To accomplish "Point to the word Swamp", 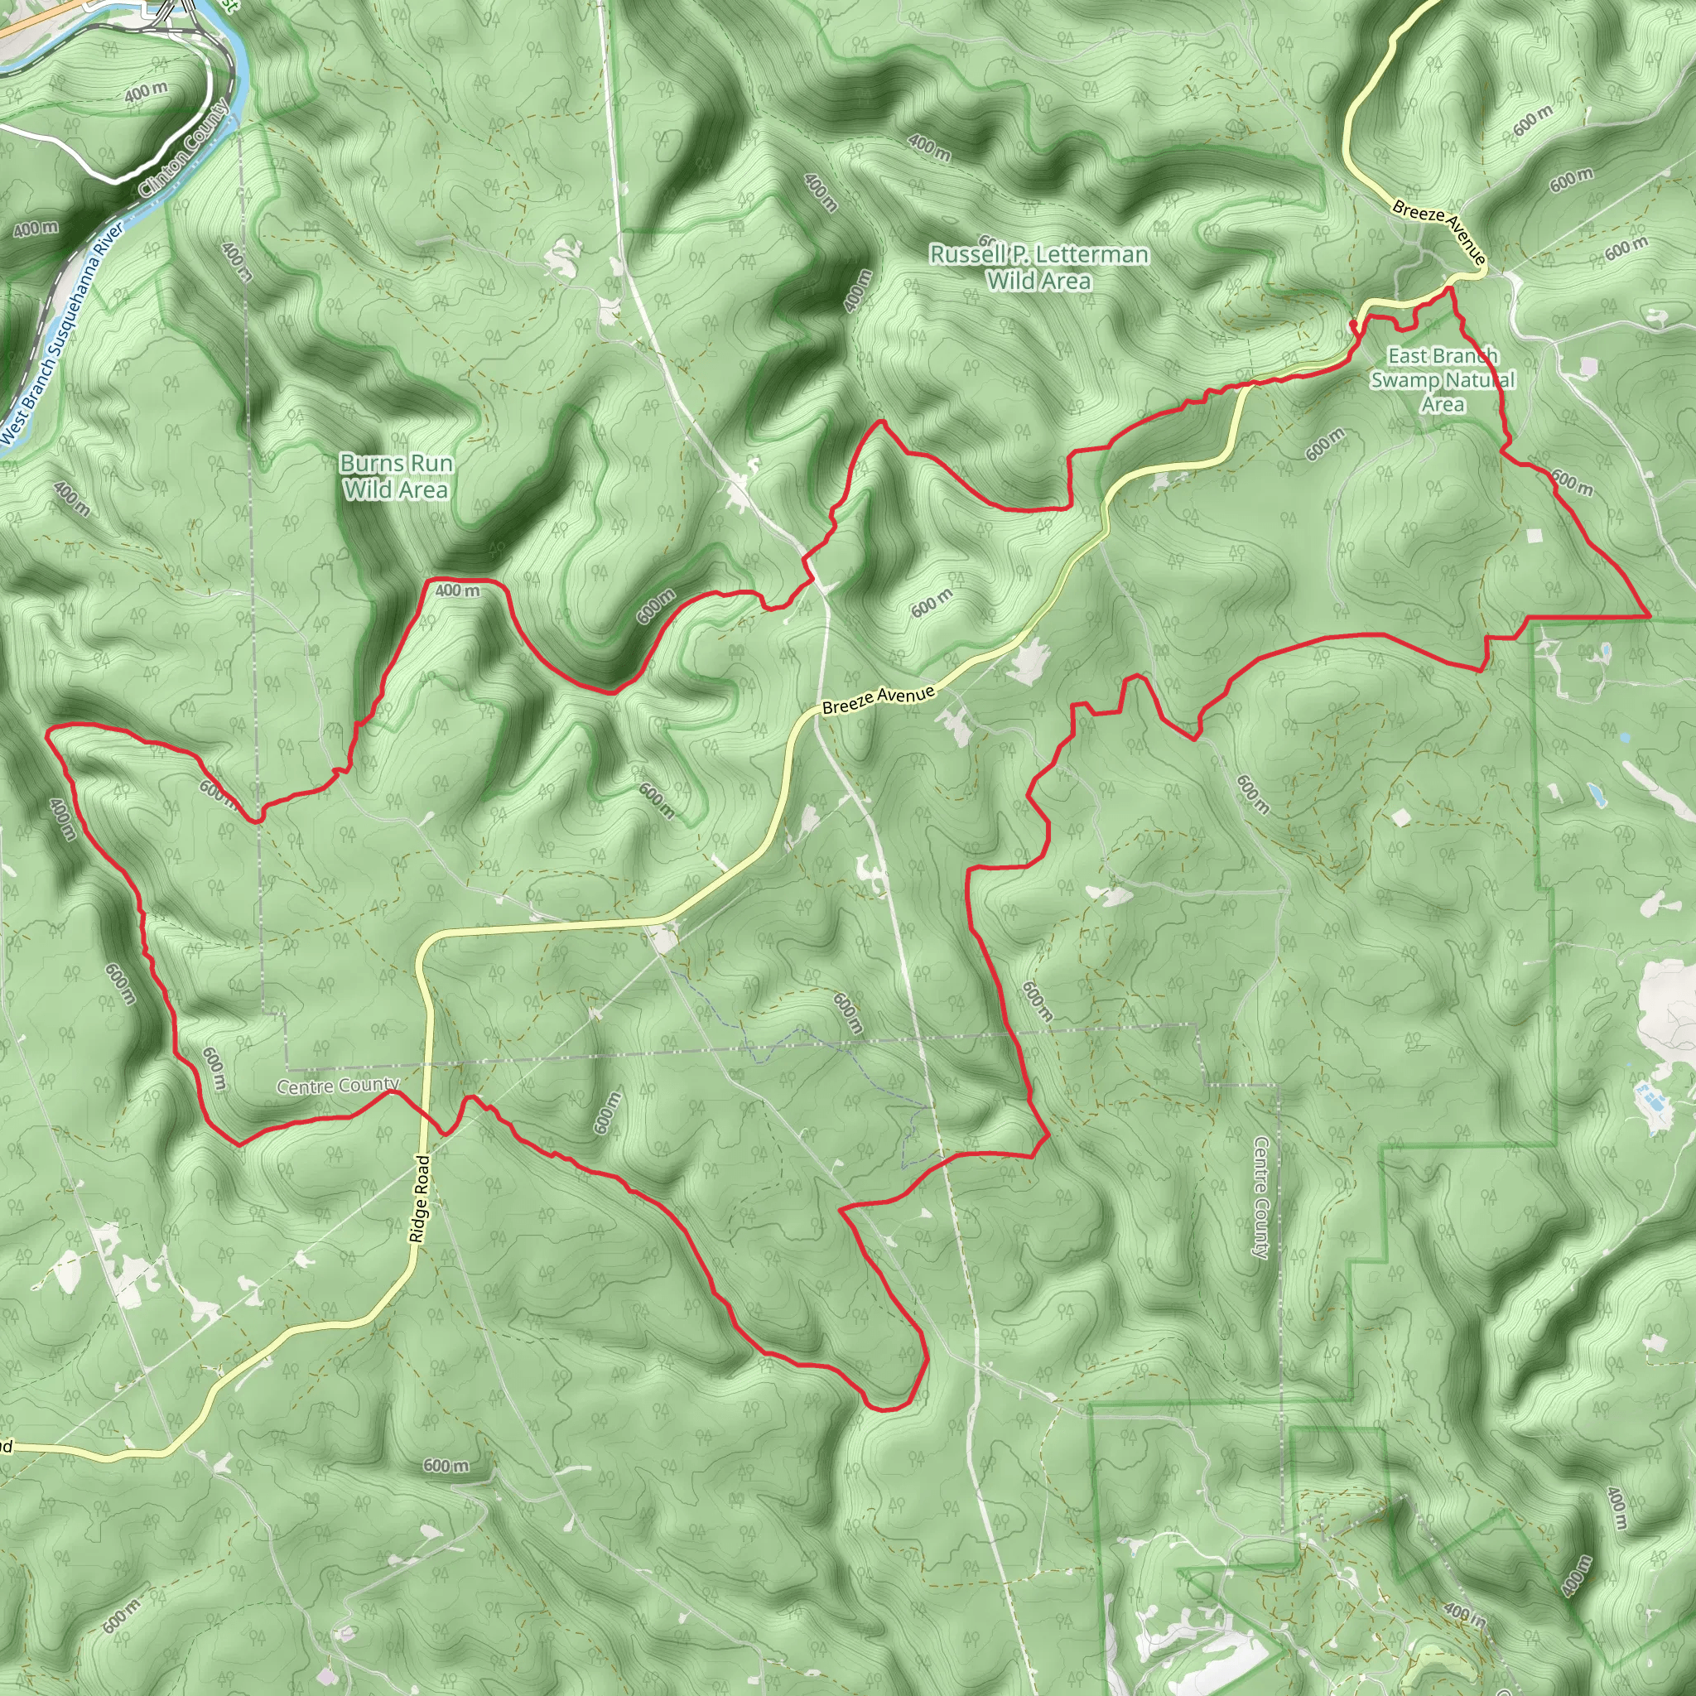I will (x=1401, y=380).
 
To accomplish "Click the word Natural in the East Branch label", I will (x=1479, y=380).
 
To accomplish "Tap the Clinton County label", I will (x=185, y=148).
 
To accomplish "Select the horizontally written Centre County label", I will (x=338, y=1086).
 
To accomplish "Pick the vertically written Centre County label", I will (x=1260, y=1197).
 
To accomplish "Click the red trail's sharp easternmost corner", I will (x=1650, y=616).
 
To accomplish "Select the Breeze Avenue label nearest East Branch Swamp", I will (x=1438, y=231).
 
